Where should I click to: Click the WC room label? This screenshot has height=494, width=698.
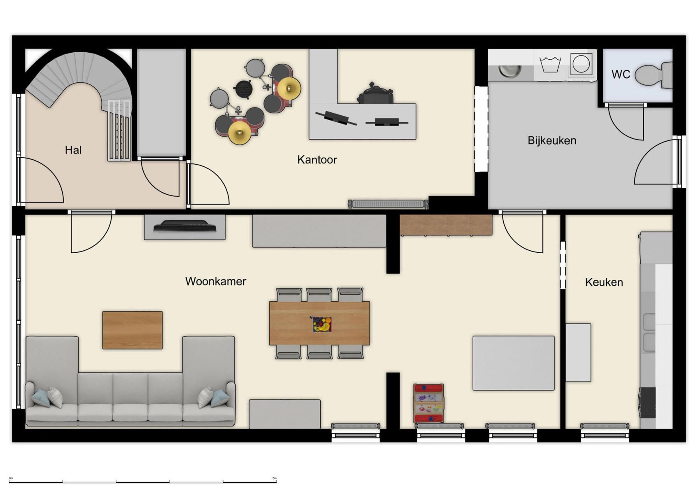coord(621,75)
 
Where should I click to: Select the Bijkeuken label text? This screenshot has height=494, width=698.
coord(551,141)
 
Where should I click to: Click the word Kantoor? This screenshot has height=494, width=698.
coord(317,160)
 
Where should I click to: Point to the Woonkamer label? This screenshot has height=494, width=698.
coord(215,282)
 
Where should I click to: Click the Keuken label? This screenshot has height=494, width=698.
coord(604,282)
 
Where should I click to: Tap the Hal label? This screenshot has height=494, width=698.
coord(73,150)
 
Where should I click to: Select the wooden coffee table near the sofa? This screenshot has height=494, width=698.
coord(132,330)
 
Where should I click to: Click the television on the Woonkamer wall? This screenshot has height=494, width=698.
coord(185,226)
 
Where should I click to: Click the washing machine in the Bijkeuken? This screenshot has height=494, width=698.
coord(581,64)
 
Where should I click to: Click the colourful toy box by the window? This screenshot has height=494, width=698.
coord(428,403)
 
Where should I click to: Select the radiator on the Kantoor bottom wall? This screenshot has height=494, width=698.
coord(388,204)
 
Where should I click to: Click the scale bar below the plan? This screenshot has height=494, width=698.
coord(142,481)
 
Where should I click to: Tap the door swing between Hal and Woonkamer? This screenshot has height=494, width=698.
coord(91,233)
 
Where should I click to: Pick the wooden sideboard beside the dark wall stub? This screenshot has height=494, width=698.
coord(446,225)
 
